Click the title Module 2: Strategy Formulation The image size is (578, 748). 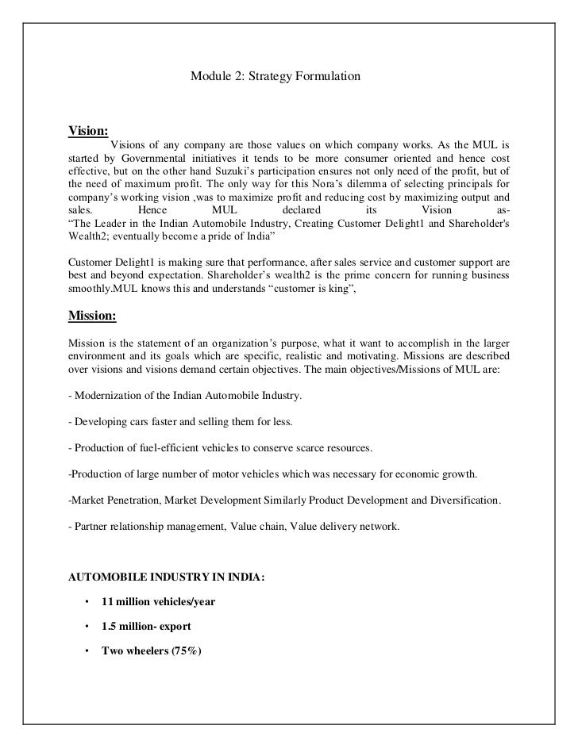(x=276, y=78)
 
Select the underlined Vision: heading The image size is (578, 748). (x=89, y=130)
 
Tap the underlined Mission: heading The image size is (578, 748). (x=93, y=316)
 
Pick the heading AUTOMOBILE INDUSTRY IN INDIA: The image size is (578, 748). (x=167, y=578)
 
